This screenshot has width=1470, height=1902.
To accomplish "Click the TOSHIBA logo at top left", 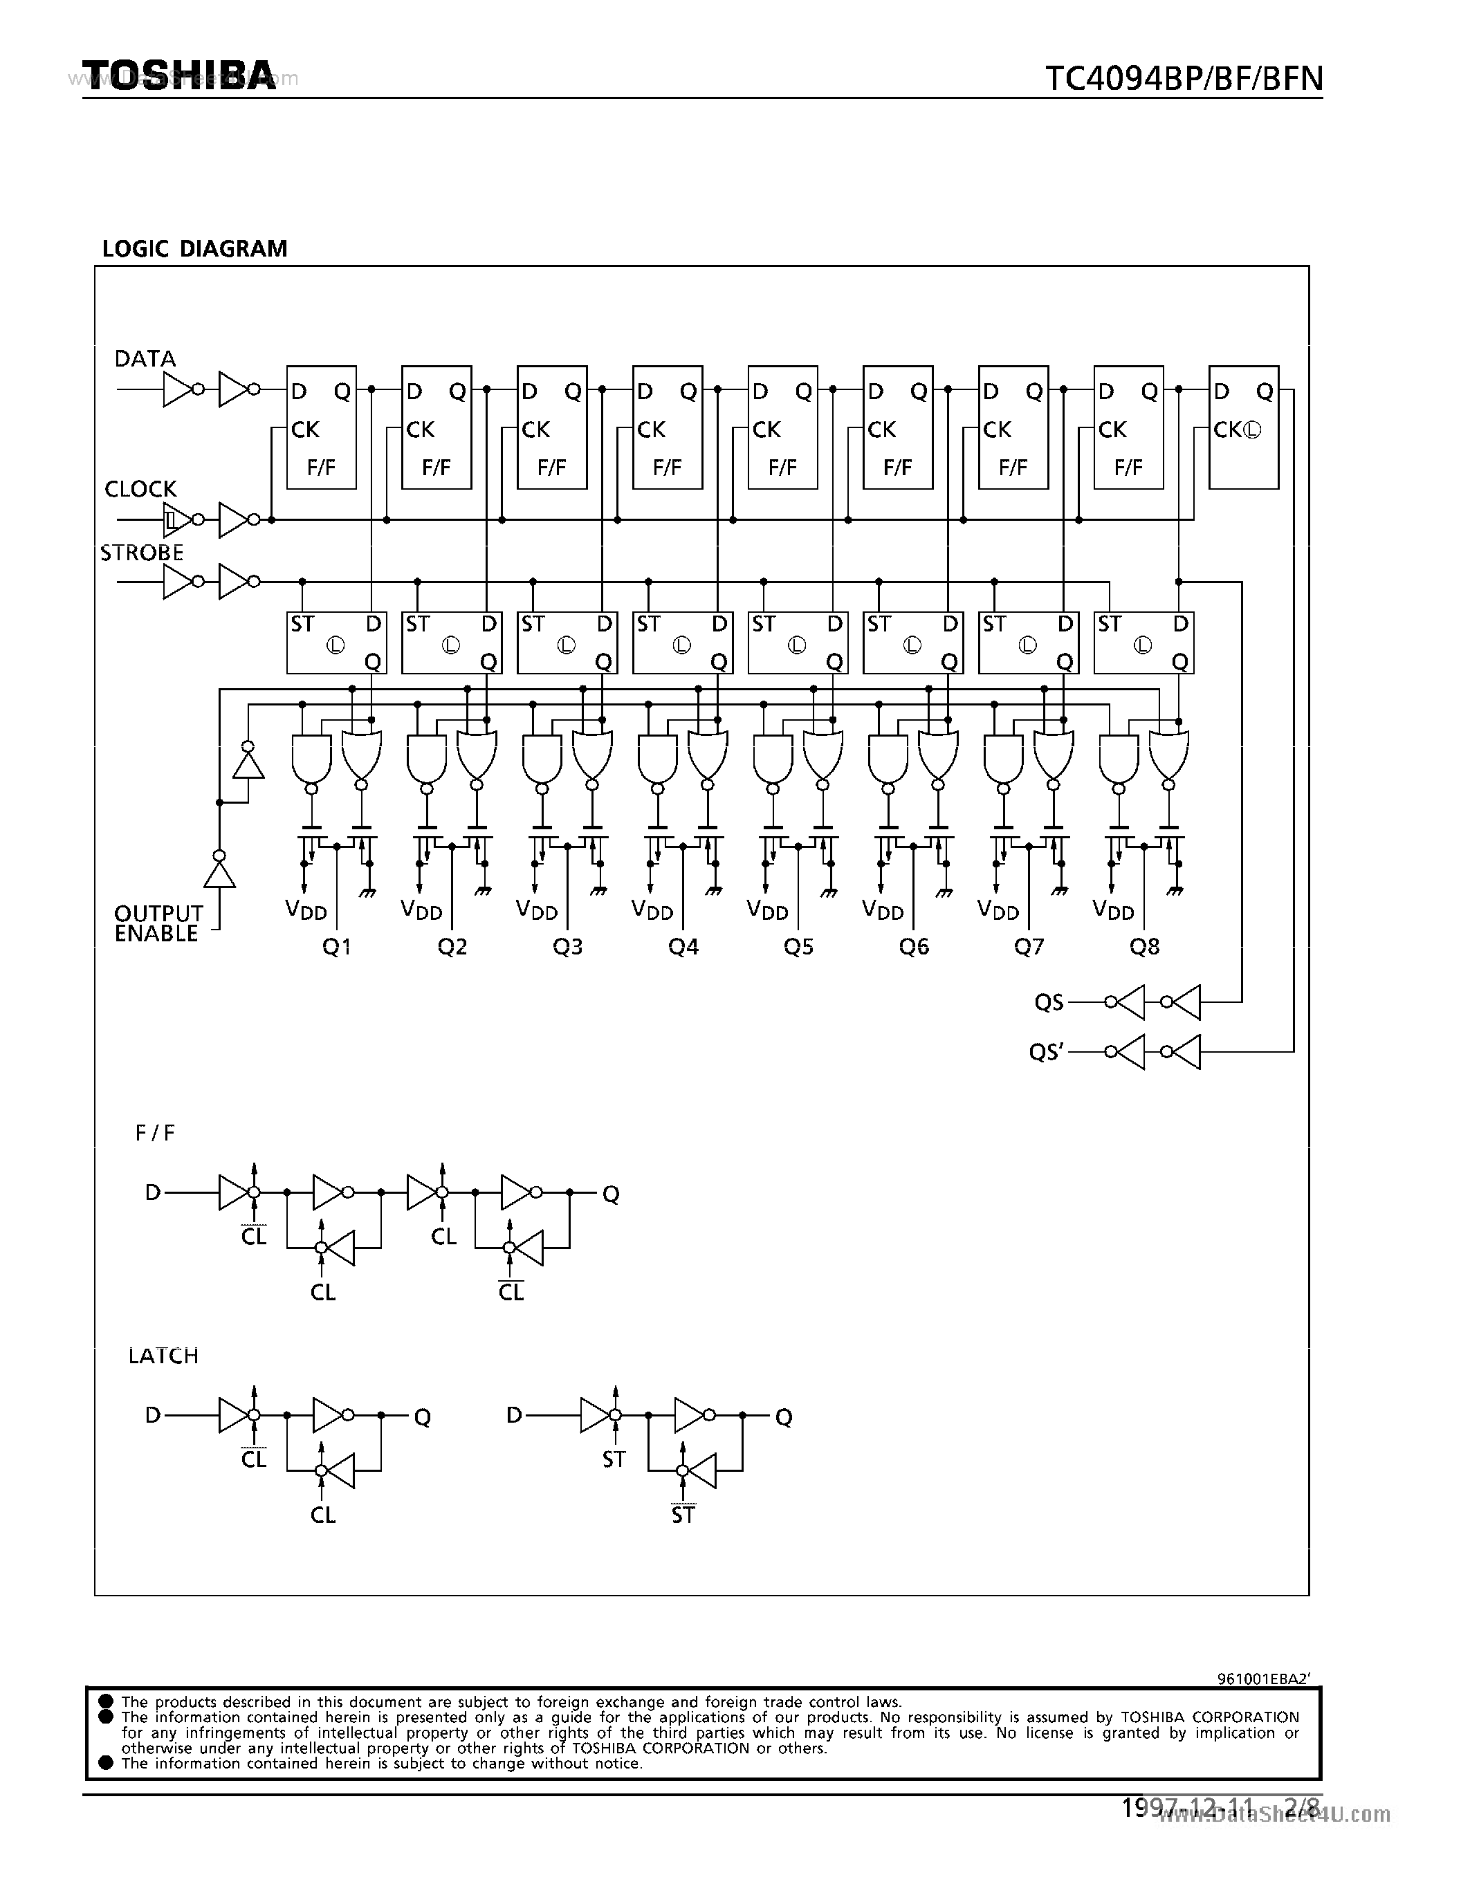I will click(x=179, y=76).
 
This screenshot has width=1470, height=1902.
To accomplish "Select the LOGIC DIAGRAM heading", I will click(x=194, y=249).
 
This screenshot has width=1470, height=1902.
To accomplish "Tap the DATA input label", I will click(x=145, y=359).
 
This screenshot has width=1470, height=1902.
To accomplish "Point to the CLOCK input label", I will click(x=140, y=490).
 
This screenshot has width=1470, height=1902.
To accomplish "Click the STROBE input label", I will click(x=142, y=553).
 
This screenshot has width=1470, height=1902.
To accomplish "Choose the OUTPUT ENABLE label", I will click(x=158, y=923).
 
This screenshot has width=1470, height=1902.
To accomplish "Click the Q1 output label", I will click(x=336, y=947).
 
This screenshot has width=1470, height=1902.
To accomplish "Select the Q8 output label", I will click(x=1144, y=947).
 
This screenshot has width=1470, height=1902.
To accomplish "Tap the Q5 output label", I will click(x=798, y=947).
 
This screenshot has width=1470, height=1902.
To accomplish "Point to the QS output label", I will click(x=1049, y=1002).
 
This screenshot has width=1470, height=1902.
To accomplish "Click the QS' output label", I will click(x=1046, y=1053).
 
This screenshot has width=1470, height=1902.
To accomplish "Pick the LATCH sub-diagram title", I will click(x=163, y=1356).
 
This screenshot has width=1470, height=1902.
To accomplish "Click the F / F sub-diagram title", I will click(x=155, y=1133).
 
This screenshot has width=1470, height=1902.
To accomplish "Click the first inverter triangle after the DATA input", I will click(x=177, y=389).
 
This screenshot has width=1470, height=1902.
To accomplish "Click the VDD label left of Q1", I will click(x=306, y=910).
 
